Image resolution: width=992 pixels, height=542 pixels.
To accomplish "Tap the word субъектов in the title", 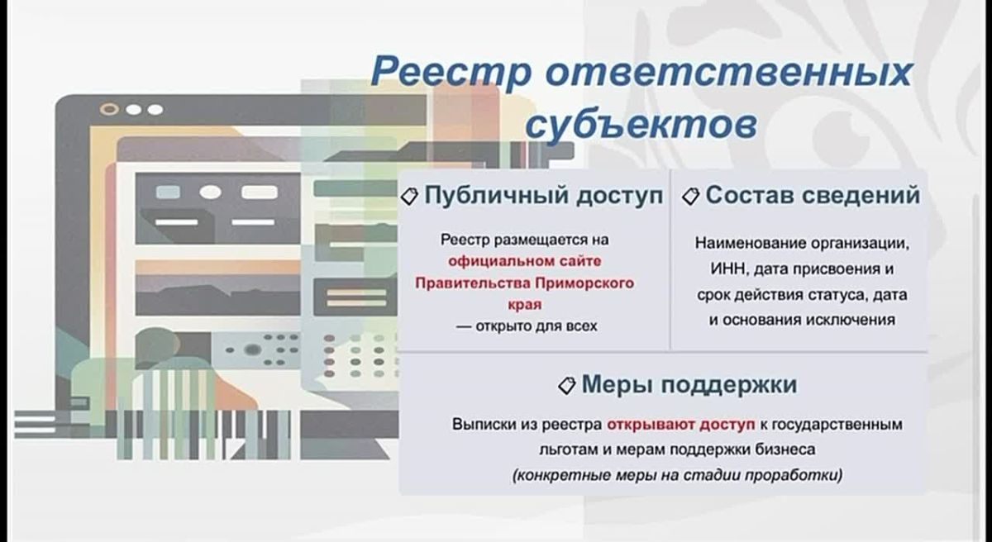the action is [641, 121].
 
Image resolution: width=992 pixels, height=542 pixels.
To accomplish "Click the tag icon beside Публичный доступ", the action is [409, 197].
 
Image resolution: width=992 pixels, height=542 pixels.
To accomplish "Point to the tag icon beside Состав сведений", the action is [690, 196].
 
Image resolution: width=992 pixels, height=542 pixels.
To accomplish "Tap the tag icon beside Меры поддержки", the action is [566, 385].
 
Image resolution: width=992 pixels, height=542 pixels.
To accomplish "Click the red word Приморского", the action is [584, 283].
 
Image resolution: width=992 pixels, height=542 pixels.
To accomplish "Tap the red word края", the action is [525, 304].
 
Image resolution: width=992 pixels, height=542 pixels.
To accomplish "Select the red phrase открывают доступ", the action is [680, 425].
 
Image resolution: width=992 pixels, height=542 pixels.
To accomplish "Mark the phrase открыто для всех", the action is [536, 326].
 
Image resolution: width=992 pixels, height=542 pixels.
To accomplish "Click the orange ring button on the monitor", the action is [109, 109].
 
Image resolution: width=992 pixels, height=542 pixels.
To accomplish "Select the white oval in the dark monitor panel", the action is [210, 192].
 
